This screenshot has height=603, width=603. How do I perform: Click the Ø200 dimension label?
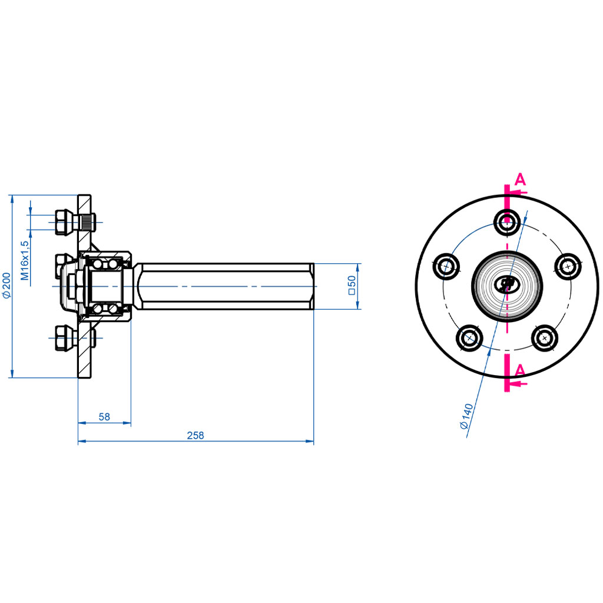(6, 285)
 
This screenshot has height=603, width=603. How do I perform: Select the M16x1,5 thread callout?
(25, 260)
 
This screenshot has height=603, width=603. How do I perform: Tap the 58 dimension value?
(104, 417)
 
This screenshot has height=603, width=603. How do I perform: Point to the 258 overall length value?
(195, 436)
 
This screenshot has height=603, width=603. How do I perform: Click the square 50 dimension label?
(352, 285)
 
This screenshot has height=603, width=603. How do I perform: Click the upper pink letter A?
(520, 180)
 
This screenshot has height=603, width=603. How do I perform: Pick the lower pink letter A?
(520, 370)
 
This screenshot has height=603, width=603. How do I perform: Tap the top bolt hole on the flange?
(506, 222)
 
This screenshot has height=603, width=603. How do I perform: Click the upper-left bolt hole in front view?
(447, 267)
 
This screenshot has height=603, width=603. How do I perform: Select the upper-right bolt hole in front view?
(568, 266)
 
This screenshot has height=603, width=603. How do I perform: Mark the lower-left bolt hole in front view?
(469, 337)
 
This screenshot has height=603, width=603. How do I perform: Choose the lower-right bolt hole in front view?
(544, 337)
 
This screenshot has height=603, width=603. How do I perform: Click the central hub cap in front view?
(506, 285)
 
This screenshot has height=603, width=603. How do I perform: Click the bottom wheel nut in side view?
(62, 338)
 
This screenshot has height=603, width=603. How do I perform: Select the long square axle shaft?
(227, 286)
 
